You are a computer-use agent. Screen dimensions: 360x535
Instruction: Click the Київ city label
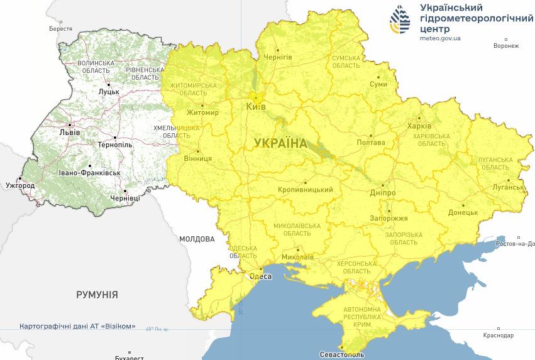[256, 107]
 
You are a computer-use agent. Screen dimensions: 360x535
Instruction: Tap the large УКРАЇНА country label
[281, 143]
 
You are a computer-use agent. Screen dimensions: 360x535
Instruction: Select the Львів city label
[69, 133]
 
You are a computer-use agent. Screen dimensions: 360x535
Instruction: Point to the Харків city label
[420, 125]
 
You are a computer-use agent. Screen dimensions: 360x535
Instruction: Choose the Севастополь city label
[341, 354]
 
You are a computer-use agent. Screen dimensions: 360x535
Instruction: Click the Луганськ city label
[507, 187]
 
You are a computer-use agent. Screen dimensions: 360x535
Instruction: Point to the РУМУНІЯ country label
[97, 294]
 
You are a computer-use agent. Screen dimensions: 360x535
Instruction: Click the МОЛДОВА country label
[197, 239]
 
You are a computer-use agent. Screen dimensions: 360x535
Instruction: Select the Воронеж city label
[506, 46]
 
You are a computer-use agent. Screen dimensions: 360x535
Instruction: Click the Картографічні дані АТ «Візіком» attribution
[77, 327]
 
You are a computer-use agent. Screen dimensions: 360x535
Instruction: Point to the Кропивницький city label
[305, 190]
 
